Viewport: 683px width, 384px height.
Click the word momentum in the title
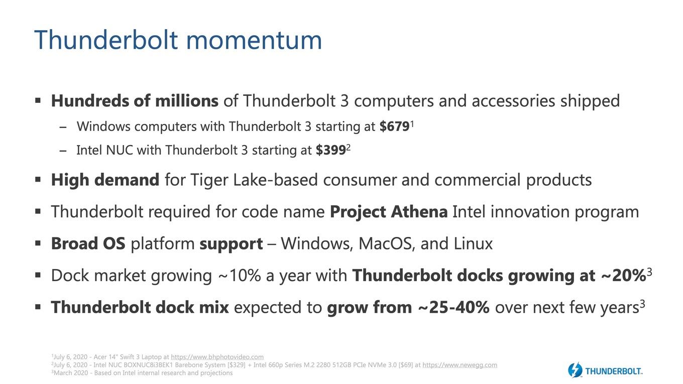[x=254, y=40]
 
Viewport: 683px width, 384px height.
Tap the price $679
[x=395, y=126]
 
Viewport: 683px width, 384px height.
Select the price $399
[x=331, y=150]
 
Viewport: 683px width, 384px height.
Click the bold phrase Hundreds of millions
[x=135, y=100]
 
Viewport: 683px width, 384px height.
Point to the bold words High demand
[x=105, y=180]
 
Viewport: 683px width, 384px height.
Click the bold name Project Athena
[x=389, y=212]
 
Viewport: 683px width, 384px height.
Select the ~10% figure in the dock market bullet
[x=240, y=276]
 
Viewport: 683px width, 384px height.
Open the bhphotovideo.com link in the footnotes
[x=217, y=357]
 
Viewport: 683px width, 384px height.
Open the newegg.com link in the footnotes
[x=460, y=365]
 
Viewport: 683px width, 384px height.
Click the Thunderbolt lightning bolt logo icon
[x=575, y=369]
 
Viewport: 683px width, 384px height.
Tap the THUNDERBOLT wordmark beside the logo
[x=614, y=371]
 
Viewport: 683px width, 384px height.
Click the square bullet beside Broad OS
[x=38, y=243]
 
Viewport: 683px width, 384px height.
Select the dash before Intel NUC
[x=63, y=151]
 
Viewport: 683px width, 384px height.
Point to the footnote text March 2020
[x=70, y=373]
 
